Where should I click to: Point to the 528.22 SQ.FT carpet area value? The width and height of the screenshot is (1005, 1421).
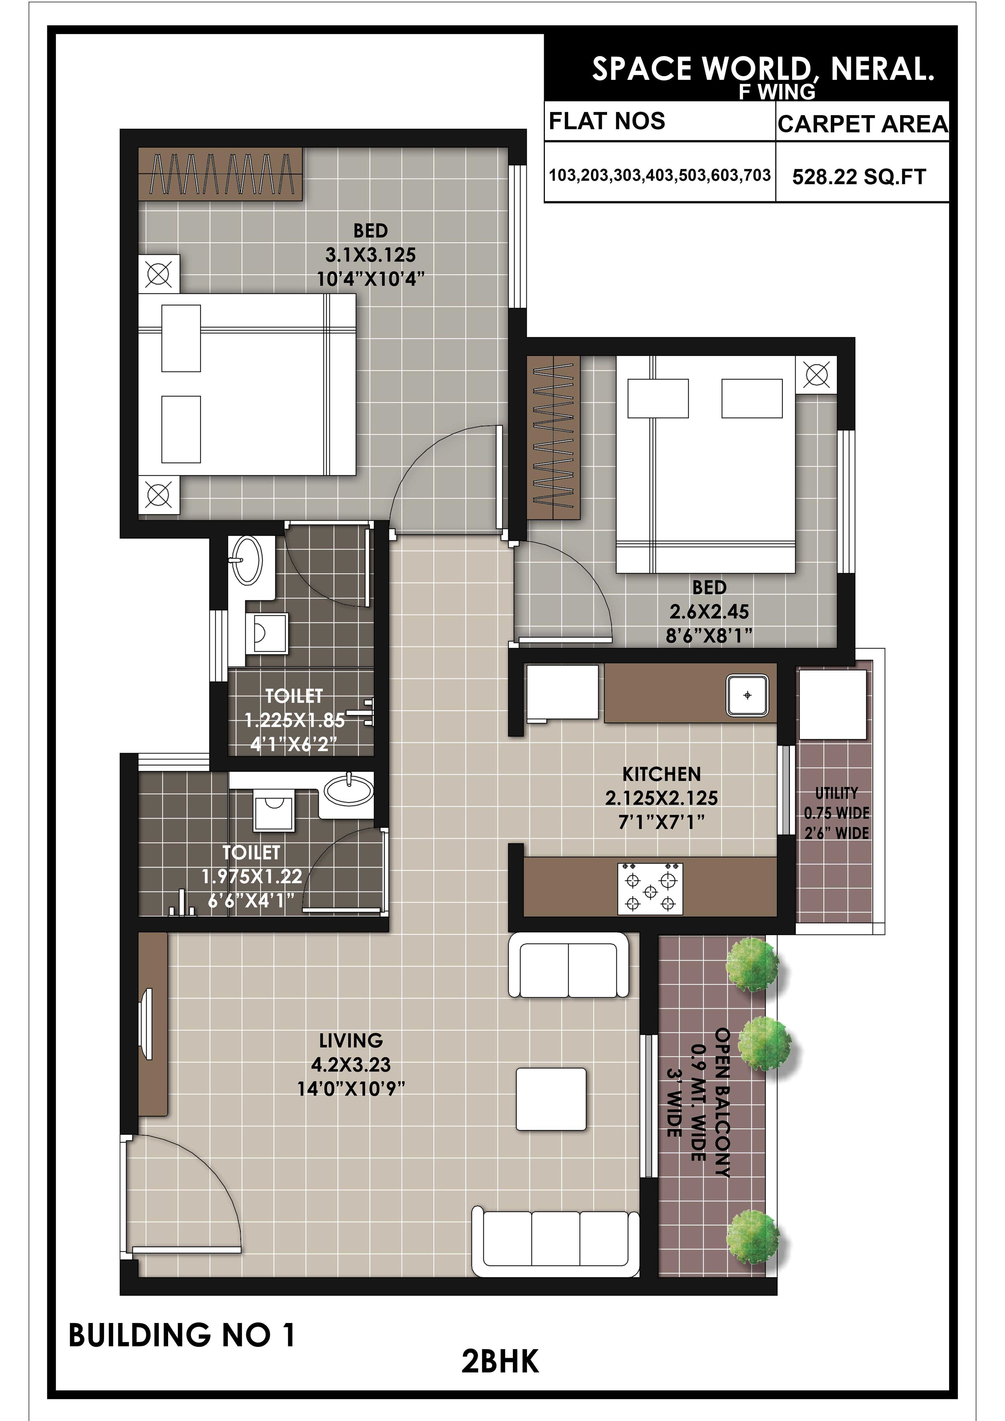click(x=859, y=177)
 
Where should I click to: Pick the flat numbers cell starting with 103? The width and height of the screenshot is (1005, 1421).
click(x=660, y=175)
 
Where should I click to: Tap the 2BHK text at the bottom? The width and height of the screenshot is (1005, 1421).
click(x=500, y=1362)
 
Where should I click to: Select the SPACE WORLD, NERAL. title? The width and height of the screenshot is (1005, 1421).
click(x=763, y=69)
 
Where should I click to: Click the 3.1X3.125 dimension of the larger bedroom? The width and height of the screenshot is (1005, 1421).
click(x=371, y=254)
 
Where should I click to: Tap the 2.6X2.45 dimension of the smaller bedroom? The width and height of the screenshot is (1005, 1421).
click(x=709, y=612)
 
